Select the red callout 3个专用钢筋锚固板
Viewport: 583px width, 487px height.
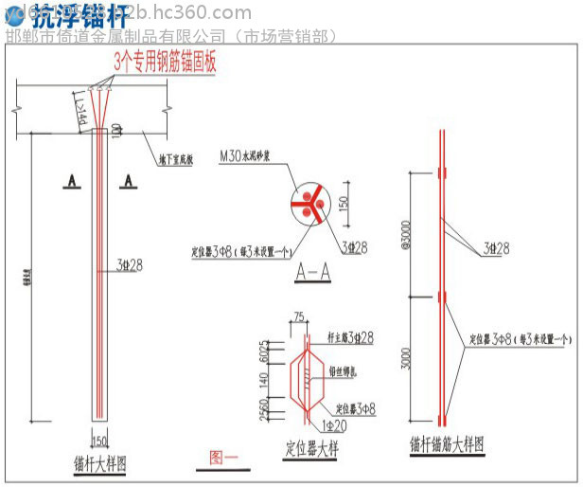coord(166,63)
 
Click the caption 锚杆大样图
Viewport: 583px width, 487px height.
coord(100,464)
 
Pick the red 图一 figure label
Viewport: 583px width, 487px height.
coord(224,457)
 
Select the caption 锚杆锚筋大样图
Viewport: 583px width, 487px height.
coord(446,443)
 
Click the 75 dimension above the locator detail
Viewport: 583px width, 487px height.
coord(299,318)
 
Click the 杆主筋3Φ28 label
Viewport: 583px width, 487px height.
coord(348,337)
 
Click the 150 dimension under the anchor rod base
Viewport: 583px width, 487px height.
coord(99,439)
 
